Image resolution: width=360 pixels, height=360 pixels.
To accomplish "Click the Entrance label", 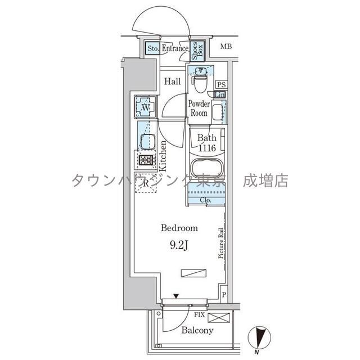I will tap(174, 49).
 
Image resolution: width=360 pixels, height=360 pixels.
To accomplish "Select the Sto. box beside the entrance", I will tap(153, 49).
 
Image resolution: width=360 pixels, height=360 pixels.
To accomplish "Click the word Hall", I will tap(172, 82).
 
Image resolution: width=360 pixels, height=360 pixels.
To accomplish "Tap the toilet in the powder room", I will tap(200, 78).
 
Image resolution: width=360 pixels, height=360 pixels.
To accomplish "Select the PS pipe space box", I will tap(222, 84).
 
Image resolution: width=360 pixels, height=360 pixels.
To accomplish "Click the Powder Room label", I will tap(199, 109).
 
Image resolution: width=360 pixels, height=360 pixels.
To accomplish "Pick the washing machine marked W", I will tap(145, 106).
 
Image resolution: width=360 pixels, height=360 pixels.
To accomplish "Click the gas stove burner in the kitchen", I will tap(146, 160).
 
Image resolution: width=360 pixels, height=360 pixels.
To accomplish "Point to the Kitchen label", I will tap(162, 156).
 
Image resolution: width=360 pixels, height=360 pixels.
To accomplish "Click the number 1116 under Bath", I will tap(208, 148).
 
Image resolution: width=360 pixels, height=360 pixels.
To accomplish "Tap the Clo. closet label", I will tap(205, 200).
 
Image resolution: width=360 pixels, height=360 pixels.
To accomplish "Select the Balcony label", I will tap(197, 330).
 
